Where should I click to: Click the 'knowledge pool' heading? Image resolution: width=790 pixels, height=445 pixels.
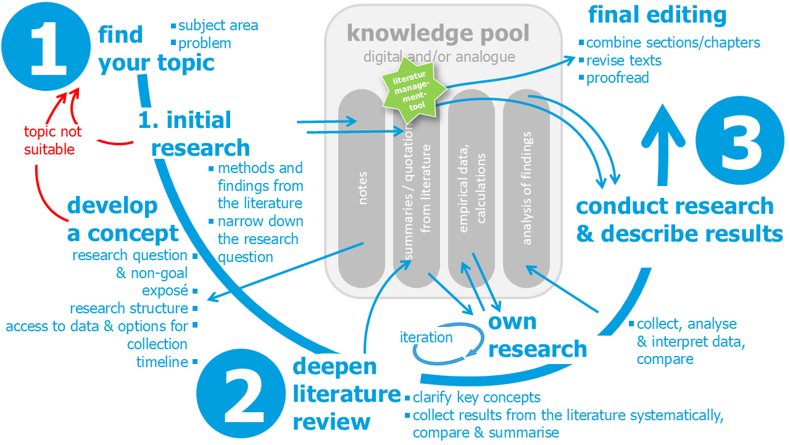[x=438, y=33]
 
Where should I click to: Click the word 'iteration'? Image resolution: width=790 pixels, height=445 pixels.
[x=426, y=337]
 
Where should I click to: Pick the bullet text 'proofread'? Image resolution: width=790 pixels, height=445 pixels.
[x=617, y=78]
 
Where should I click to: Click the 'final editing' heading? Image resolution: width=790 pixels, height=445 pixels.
[x=657, y=15]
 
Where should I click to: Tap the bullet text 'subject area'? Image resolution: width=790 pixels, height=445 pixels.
[x=218, y=26]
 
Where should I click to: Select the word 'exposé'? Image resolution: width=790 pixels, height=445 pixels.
[x=165, y=290]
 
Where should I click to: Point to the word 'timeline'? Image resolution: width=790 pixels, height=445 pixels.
[x=162, y=362]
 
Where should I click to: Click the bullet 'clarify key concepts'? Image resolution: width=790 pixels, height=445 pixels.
[x=476, y=397]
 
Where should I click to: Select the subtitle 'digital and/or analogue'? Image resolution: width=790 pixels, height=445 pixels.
[x=438, y=57]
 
